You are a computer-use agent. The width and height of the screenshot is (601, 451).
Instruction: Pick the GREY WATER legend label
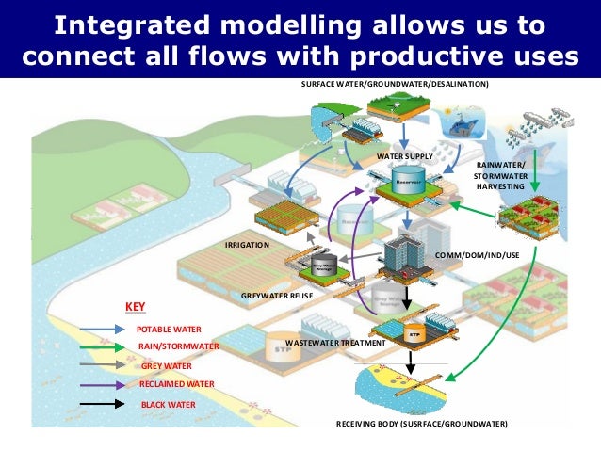tap(167, 365)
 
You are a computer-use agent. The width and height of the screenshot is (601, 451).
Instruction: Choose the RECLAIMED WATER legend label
tap(176, 384)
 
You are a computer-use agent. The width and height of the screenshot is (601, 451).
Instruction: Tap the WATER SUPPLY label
tap(404, 156)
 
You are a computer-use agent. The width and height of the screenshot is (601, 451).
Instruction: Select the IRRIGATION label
tap(248, 245)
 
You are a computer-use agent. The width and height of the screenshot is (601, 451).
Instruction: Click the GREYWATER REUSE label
tap(277, 296)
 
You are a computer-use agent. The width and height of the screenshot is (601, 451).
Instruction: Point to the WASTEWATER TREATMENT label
tap(335, 344)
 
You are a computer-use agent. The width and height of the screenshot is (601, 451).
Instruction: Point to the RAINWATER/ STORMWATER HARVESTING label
tap(500, 175)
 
